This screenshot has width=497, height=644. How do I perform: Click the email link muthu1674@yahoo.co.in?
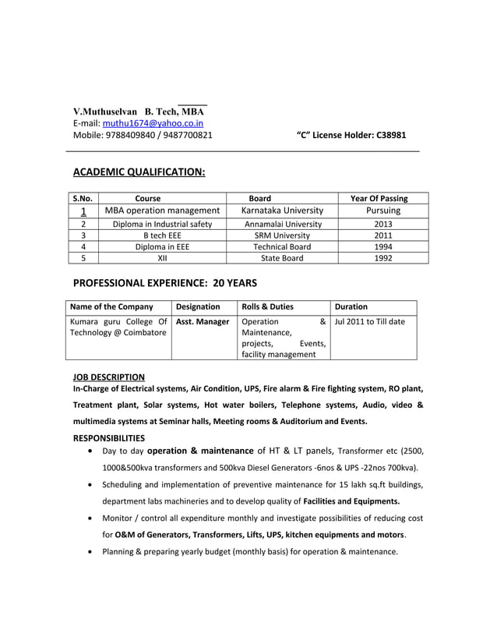[153, 122]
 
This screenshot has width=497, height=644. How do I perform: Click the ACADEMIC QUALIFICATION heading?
[139, 172]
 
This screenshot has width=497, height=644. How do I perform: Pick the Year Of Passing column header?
[379, 198]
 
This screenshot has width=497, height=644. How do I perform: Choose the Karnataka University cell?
[282, 211]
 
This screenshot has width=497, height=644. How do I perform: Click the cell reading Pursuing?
[382, 211]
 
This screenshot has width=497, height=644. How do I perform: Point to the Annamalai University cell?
[282, 224]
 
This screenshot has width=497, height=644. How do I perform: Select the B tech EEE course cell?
[162, 235]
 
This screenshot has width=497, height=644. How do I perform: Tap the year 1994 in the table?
[382, 246]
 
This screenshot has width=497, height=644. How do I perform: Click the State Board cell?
[282, 258]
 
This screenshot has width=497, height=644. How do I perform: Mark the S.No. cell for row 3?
[82, 235]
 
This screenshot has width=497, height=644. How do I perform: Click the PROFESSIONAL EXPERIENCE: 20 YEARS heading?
[164, 282]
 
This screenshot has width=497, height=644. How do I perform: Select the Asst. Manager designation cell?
[203, 321]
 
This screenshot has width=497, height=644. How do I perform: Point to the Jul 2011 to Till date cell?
[369, 321]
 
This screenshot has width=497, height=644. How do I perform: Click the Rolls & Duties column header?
[268, 307]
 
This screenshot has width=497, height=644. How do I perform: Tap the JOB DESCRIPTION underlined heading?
[108, 377]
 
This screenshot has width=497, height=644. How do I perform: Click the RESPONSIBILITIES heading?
[108, 438]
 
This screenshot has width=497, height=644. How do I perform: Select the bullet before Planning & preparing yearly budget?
[93, 552]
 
